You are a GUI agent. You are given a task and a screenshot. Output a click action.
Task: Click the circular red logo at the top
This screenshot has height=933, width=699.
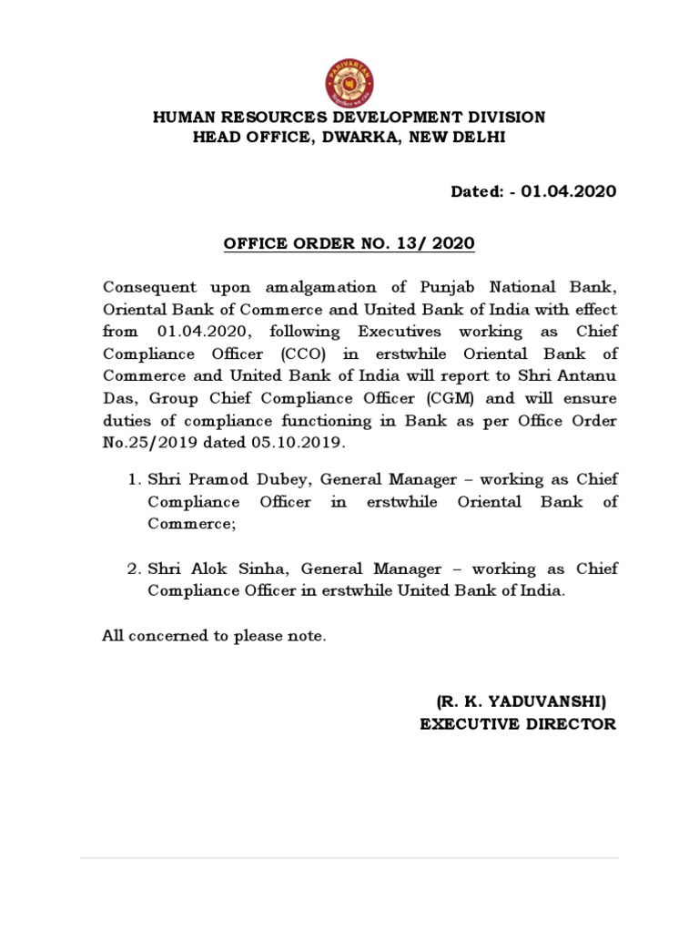349,80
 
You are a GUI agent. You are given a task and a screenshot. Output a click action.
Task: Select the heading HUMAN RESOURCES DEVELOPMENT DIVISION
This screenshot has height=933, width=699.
349,118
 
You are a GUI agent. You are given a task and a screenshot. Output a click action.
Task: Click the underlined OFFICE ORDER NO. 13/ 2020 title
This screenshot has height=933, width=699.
349,245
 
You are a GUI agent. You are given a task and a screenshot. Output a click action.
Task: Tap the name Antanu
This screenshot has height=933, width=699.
590,376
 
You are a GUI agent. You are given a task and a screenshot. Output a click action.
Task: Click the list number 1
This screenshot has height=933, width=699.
132,479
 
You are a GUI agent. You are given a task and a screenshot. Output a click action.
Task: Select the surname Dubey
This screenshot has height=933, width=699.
263,479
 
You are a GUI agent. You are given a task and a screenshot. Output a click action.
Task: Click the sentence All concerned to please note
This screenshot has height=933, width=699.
213,636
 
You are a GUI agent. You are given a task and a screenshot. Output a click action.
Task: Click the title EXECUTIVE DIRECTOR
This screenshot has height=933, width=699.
517,724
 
